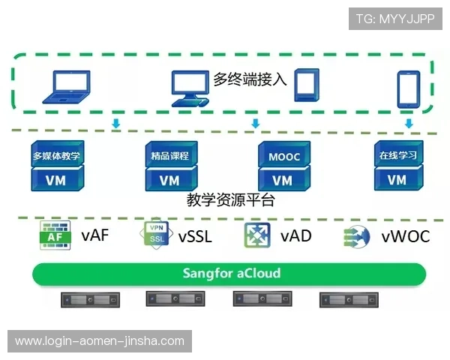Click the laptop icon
coord(67,86)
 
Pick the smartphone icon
coord(408,88)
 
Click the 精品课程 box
coord(169,156)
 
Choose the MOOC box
coord(283,157)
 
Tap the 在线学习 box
coord(397,156)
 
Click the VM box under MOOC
coord(283,180)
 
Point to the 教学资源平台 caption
coord(230,200)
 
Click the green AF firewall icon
coord(55,236)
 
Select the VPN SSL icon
coord(156,235)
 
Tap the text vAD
coord(295,236)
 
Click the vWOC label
coord(405,237)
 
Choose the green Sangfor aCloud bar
coord(230,273)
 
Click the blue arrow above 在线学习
coord(408,123)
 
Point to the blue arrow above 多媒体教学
coord(116,123)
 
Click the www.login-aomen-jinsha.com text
coord(99,341)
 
